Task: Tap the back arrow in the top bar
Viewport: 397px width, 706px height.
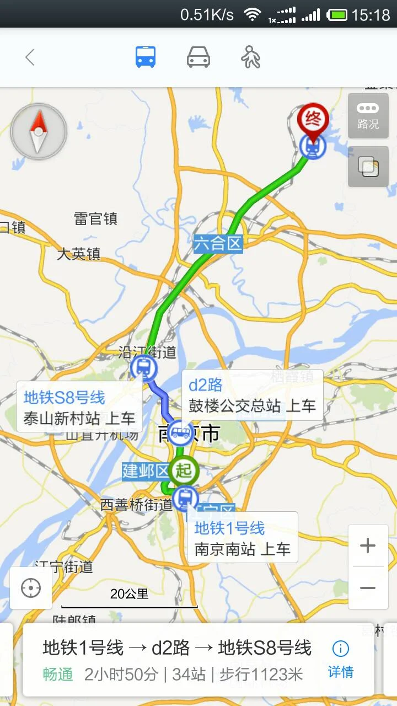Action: (x=30, y=57)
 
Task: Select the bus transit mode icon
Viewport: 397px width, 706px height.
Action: (x=146, y=57)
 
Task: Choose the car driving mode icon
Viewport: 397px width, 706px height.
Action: (x=198, y=57)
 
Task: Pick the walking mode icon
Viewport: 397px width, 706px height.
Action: (x=251, y=57)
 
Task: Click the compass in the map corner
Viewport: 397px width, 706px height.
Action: (x=39, y=131)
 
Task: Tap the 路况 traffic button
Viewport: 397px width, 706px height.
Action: (x=368, y=116)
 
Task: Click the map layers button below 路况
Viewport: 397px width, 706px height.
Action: (x=368, y=167)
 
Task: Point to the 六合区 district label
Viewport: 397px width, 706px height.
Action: (x=218, y=243)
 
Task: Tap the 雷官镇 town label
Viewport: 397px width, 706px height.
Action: (x=96, y=219)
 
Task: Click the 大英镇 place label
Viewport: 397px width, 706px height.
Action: (x=79, y=254)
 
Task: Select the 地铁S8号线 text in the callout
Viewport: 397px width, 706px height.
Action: (x=64, y=398)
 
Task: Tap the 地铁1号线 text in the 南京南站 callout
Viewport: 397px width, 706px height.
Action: (x=229, y=528)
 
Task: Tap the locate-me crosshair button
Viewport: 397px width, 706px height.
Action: (x=31, y=588)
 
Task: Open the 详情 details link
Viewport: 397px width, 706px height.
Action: (x=341, y=660)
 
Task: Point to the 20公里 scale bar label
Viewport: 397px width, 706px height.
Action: (x=130, y=594)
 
